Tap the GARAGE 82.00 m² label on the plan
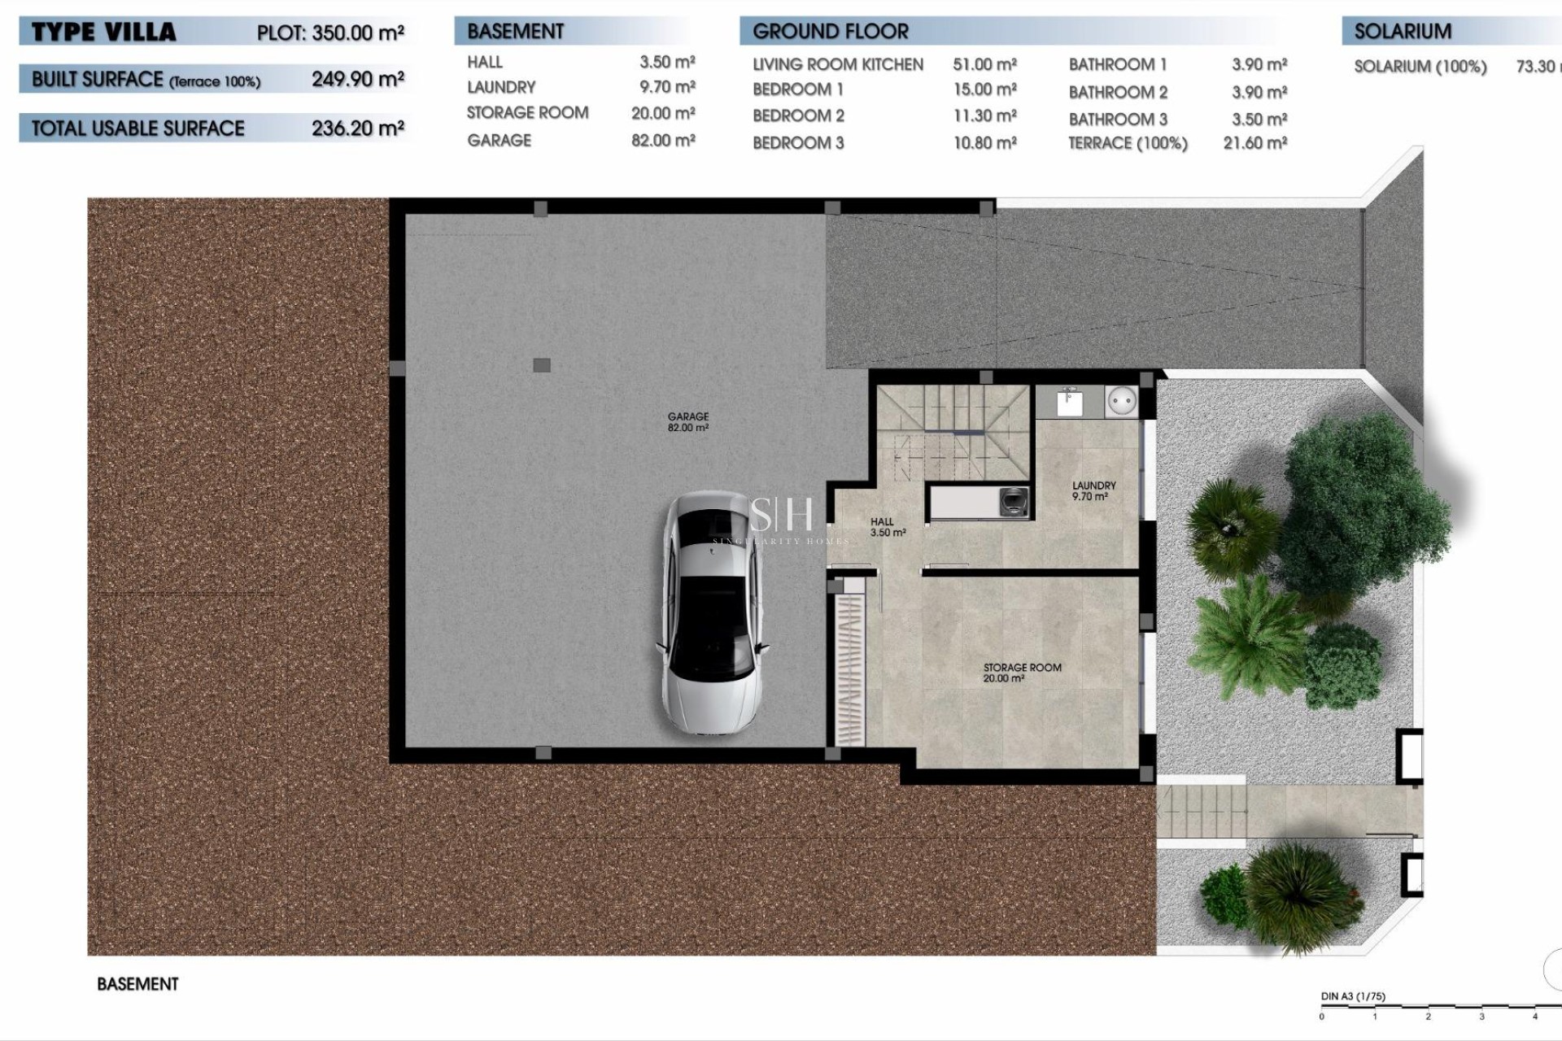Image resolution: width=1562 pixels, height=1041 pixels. pyautogui.click(x=687, y=422)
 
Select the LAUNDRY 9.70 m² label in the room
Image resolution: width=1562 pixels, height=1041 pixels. pyautogui.click(x=1093, y=490)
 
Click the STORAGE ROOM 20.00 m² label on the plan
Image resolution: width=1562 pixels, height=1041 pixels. pyautogui.click(x=1022, y=673)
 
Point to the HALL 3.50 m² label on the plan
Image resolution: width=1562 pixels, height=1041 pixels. pyautogui.click(x=885, y=527)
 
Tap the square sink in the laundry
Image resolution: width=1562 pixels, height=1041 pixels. pyautogui.click(x=1068, y=402)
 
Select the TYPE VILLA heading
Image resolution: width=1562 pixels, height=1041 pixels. pyautogui.click(x=103, y=33)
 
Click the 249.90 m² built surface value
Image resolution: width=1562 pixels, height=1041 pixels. pyautogui.click(x=357, y=79)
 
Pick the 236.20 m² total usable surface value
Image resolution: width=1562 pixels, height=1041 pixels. pyautogui.click(x=357, y=128)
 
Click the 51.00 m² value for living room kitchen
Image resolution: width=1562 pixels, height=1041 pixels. pyautogui.click(x=984, y=64)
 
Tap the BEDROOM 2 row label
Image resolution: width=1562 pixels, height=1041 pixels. pyautogui.click(x=798, y=115)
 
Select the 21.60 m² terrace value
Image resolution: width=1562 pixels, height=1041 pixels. pyautogui.click(x=1254, y=143)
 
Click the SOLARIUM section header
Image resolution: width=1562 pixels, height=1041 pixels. pyautogui.click(x=1403, y=32)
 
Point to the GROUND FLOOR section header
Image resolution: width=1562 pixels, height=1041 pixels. pyautogui.click(x=830, y=32)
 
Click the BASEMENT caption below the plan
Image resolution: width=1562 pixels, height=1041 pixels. pyautogui.click(x=137, y=984)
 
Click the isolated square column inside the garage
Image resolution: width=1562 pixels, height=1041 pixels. pyautogui.click(x=542, y=365)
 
